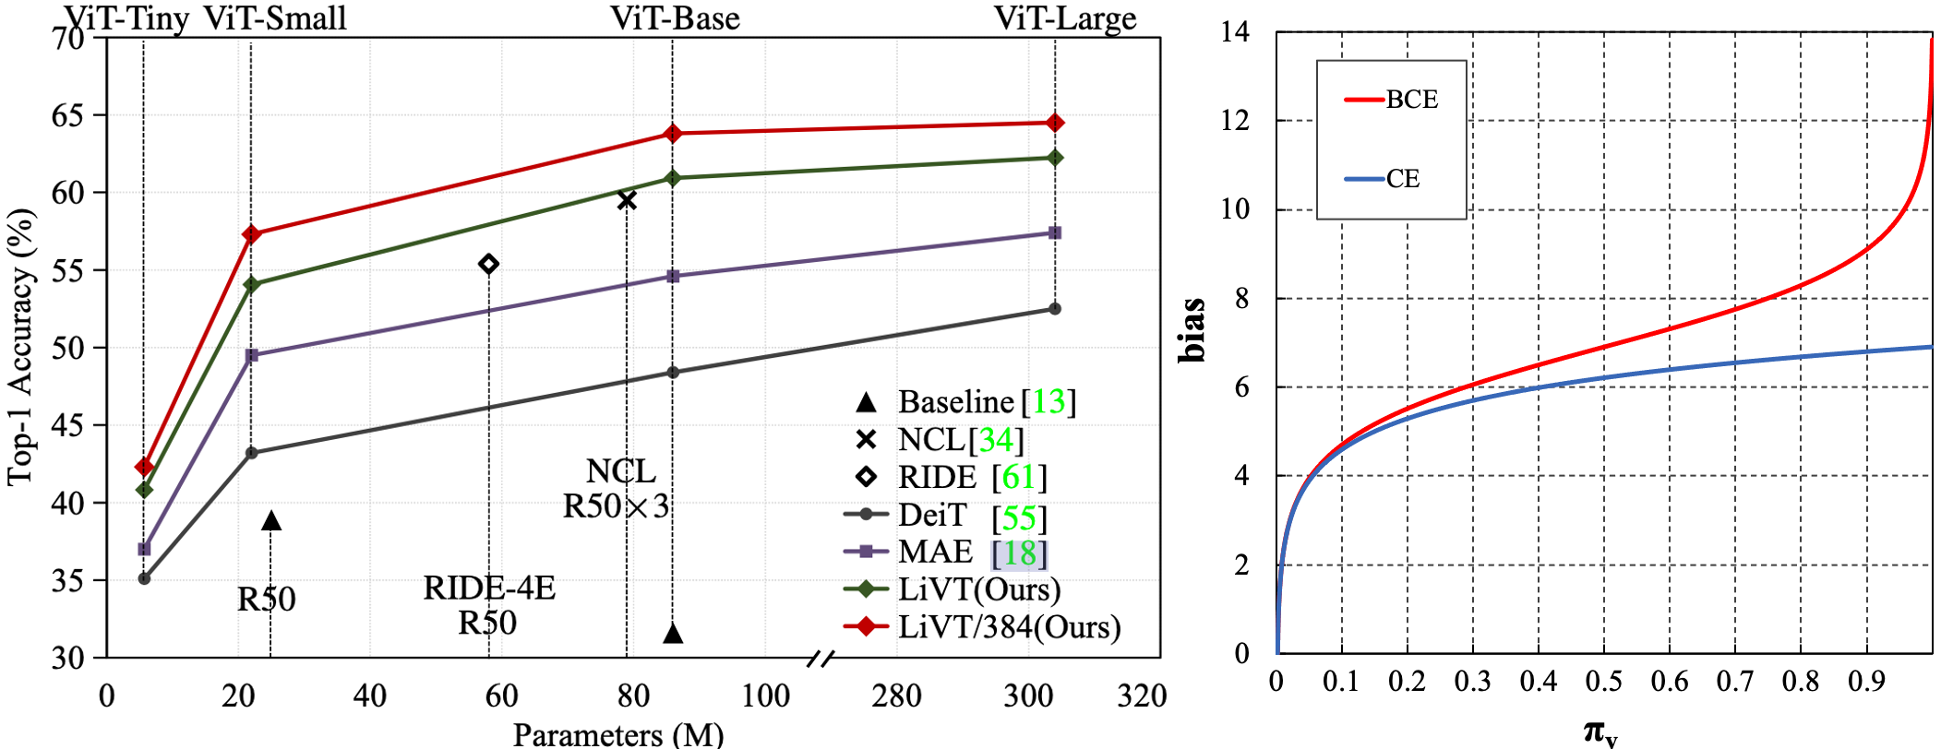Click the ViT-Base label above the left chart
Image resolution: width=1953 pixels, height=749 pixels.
pyautogui.click(x=675, y=18)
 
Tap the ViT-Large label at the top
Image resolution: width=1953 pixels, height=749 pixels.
pyautogui.click(x=1064, y=18)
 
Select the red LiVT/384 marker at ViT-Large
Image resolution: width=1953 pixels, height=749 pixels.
pyautogui.click(x=1055, y=123)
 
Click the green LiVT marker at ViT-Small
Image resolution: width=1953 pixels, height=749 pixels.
pyautogui.click(x=251, y=284)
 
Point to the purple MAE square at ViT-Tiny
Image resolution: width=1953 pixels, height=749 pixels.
pyautogui.click(x=144, y=549)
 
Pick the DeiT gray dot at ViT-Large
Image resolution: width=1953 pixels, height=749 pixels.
pyautogui.click(x=1055, y=309)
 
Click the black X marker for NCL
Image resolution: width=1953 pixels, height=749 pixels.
pyautogui.click(x=627, y=200)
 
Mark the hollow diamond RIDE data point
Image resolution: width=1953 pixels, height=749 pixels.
pyautogui.click(x=489, y=265)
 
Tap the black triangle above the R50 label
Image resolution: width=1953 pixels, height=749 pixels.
pyautogui.click(x=270, y=521)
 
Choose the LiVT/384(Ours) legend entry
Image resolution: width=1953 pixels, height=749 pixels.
pyautogui.click(x=1009, y=627)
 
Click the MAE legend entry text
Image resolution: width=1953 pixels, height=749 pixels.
pyautogui.click(x=935, y=552)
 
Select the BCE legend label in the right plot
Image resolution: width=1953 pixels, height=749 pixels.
pyautogui.click(x=1411, y=100)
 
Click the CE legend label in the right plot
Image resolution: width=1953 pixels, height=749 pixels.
pyautogui.click(x=1402, y=179)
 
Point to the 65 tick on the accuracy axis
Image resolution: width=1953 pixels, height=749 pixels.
pyautogui.click(x=70, y=116)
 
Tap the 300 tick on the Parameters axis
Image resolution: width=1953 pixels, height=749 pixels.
pyautogui.click(x=1027, y=695)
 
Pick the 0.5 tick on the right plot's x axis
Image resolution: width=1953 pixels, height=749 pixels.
pyautogui.click(x=1604, y=682)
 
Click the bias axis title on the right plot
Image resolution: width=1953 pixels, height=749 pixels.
pyautogui.click(x=1192, y=329)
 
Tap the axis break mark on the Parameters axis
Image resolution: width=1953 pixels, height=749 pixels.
pyautogui.click(x=820, y=658)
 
